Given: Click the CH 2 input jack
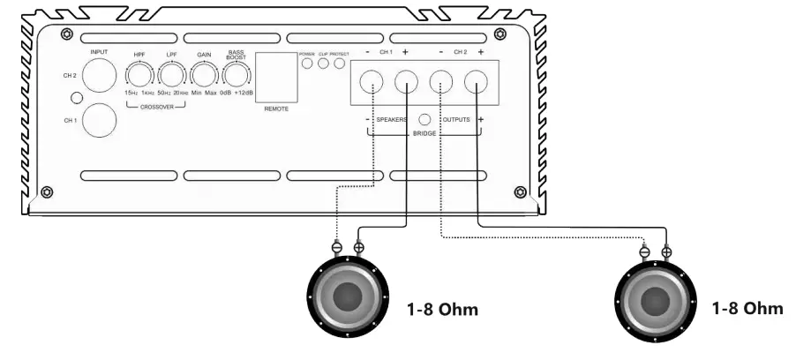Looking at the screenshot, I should [101, 73].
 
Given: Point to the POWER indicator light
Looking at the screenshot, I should [307, 64].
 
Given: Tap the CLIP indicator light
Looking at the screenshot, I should [324, 64].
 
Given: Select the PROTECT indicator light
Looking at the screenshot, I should [340, 64].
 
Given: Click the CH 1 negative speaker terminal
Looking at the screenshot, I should [372, 84].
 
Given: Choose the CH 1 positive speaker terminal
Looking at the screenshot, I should [406, 84].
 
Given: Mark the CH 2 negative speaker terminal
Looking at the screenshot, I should [441, 84].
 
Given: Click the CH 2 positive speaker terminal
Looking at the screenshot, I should [477, 84].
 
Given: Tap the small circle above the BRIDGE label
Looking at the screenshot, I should [424, 119].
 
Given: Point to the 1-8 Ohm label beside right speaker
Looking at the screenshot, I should [747, 310].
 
